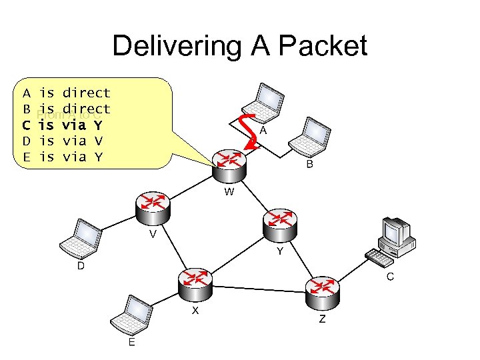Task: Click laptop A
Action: click(x=263, y=100)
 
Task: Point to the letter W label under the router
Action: click(x=229, y=192)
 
